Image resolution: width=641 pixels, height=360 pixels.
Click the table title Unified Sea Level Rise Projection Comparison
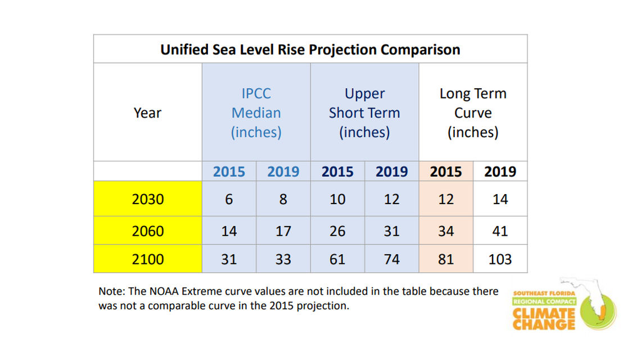coord(310,49)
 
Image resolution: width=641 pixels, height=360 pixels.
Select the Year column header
coord(147,112)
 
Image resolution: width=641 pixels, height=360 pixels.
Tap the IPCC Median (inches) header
coord(256,112)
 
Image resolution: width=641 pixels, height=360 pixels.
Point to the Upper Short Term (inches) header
coord(364,112)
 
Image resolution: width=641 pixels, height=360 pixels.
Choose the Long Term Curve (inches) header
coord(473,112)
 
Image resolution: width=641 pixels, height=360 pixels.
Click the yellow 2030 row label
coord(148,199)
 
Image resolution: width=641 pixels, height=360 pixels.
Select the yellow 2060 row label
coord(148,231)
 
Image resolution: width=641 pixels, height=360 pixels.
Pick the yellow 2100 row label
coord(148,259)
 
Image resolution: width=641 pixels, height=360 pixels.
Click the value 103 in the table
coord(500,259)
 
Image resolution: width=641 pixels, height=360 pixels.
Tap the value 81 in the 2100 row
coord(446,259)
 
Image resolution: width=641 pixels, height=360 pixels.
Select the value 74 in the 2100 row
coord(391,259)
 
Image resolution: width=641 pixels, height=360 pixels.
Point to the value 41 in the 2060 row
coord(500,231)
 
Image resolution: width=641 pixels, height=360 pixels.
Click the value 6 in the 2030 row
coord(229,199)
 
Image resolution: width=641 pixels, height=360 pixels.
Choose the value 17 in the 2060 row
coord(283,231)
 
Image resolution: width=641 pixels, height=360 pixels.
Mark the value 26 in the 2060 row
coord(337,231)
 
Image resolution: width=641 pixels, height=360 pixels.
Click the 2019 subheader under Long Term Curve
coord(500,172)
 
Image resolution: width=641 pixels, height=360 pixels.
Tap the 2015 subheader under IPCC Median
coord(229,172)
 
